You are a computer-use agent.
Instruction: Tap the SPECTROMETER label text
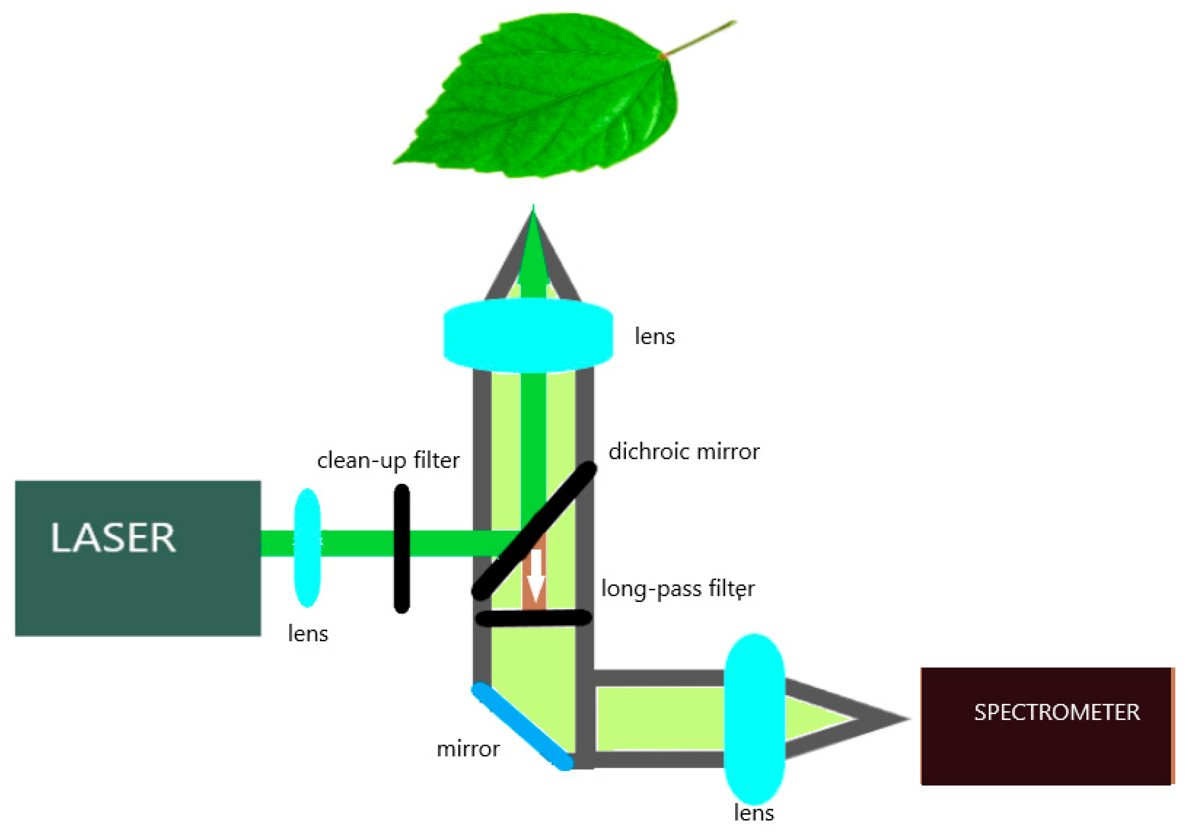click(1057, 713)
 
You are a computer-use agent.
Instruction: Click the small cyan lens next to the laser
click(307, 547)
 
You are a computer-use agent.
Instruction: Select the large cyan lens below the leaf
click(528, 337)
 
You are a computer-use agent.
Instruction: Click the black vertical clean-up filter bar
click(402, 548)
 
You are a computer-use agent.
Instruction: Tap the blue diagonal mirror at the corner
click(522, 727)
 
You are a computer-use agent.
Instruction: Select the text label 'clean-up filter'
click(388, 460)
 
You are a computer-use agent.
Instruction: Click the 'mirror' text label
click(468, 749)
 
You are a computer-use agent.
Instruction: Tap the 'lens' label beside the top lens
click(654, 337)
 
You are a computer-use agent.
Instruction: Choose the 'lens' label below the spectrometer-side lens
click(754, 813)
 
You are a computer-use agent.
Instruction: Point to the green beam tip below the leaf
click(533, 212)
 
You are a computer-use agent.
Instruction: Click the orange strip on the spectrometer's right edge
click(1173, 727)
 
